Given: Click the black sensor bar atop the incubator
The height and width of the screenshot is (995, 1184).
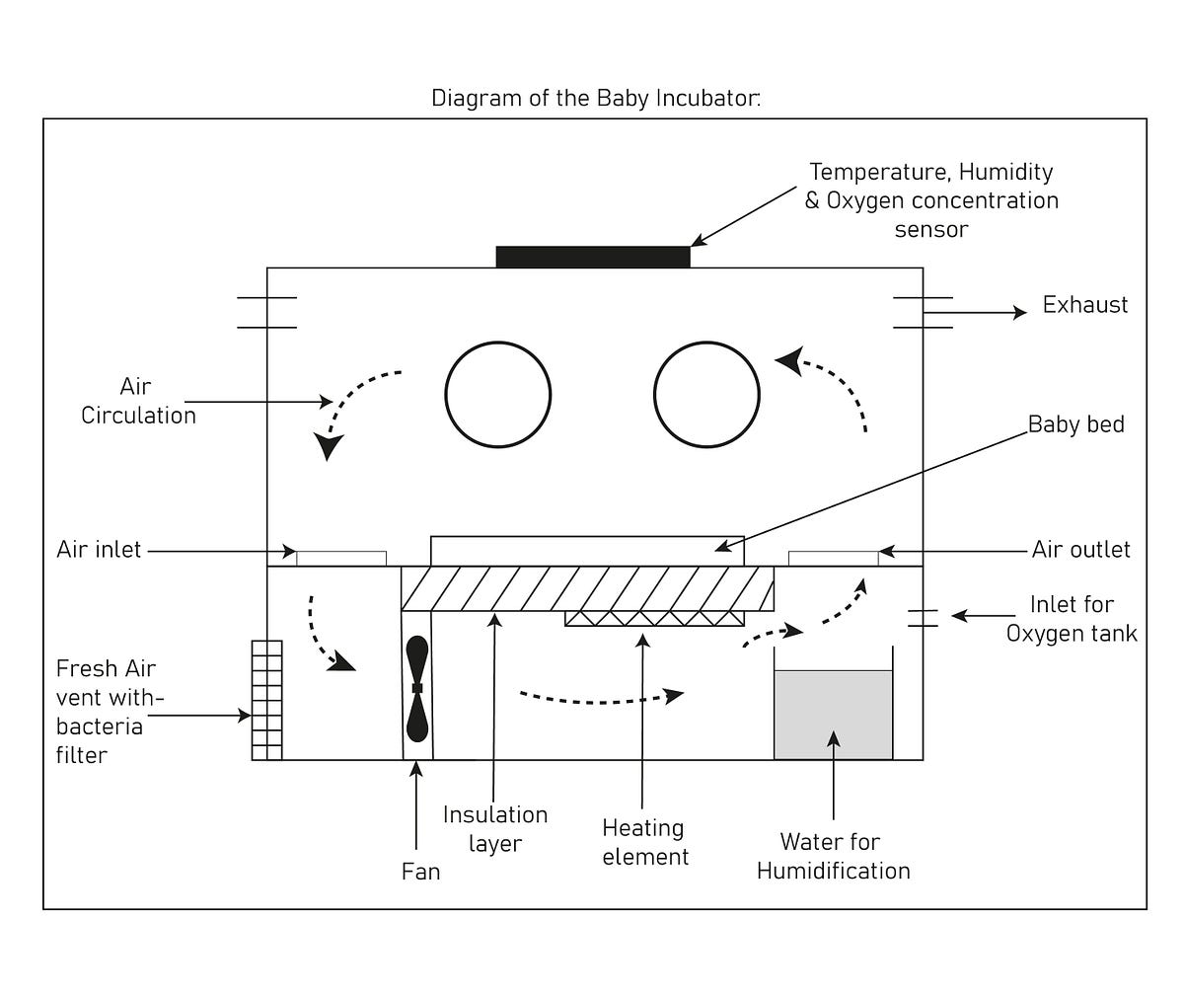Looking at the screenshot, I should (x=592, y=257).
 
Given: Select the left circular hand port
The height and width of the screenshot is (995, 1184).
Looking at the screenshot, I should (x=497, y=395).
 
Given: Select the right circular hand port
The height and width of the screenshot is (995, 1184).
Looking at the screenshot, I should (x=706, y=395).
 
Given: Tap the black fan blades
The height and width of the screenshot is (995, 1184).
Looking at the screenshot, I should (x=417, y=688).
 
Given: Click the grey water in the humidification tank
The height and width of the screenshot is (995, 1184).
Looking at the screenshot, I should (x=833, y=715).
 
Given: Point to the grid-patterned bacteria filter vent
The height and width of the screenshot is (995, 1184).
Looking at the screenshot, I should (x=266, y=700).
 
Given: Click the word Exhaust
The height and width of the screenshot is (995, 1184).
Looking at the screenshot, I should (x=1084, y=305).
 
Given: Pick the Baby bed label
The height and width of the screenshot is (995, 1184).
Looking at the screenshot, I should (x=1075, y=424).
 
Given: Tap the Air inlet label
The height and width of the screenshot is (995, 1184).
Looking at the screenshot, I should (x=99, y=550).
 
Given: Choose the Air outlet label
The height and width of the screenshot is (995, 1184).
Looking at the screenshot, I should (x=1080, y=550).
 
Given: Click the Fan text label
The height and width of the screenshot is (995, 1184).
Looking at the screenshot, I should (x=420, y=872).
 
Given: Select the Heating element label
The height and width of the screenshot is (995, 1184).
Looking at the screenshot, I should (x=645, y=842).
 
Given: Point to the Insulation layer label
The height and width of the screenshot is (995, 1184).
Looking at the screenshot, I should (x=494, y=829).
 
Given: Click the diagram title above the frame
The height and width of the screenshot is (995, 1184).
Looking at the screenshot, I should (x=596, y=99).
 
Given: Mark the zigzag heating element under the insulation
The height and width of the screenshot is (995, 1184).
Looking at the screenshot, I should (x=654, y=618).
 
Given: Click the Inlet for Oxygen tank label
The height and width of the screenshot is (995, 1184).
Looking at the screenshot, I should (x=1072, y=618).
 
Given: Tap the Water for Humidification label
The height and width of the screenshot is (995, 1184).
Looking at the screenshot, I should (x=833, y=856).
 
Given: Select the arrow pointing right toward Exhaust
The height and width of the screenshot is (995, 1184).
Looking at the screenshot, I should (x=977, y=313).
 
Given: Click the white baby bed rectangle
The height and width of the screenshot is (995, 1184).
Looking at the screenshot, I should (x=587, y=551).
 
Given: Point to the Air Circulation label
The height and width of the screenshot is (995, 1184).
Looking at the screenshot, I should (x=138, y=401).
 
